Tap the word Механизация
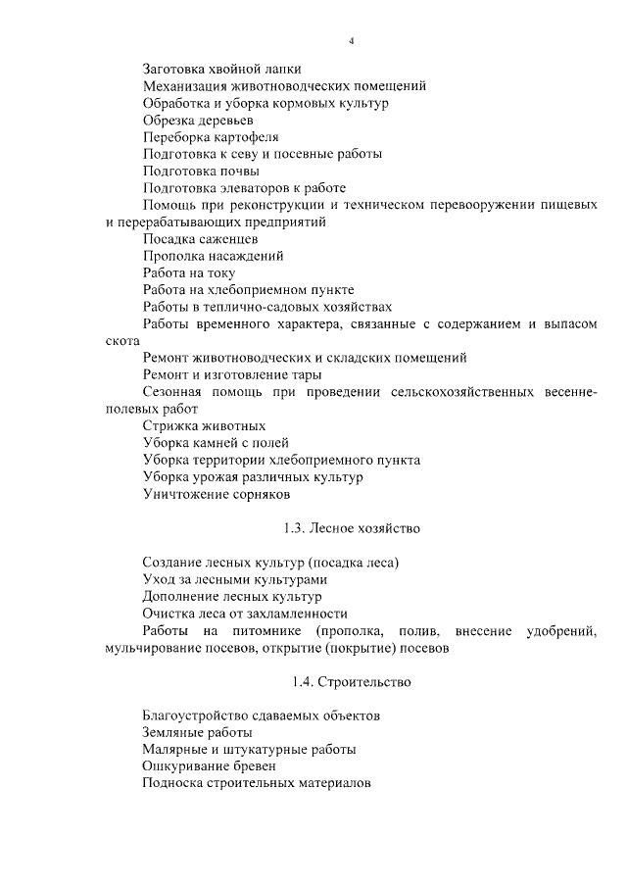[186, 86]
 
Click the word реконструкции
[279, 205]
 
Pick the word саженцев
[226, 239]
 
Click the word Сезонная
[173, 392]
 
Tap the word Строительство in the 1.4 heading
[362, 681]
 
